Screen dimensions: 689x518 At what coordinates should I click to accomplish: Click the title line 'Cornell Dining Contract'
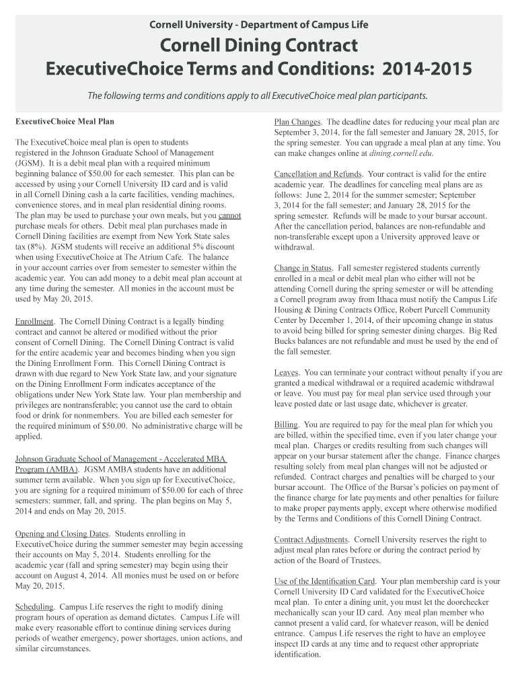[259, 47]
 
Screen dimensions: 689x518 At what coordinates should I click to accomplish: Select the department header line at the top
[259, 25]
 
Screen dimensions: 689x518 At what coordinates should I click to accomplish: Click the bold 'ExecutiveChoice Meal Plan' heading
[65, 122]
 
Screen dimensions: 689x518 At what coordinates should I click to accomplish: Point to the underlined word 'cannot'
[229, 215]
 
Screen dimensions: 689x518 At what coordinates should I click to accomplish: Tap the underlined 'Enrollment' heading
[35, 322]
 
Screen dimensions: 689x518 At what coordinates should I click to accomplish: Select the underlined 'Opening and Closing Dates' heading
[62, 534]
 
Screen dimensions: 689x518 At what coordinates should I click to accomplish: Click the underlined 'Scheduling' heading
[35, 607]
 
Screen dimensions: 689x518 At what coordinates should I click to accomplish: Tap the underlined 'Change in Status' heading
[303, 268]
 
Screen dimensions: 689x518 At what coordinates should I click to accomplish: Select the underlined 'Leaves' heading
[287, 372]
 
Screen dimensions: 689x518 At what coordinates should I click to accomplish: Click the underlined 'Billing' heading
[286, 425]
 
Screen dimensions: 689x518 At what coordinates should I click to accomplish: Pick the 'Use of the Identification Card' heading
[324, 581]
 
